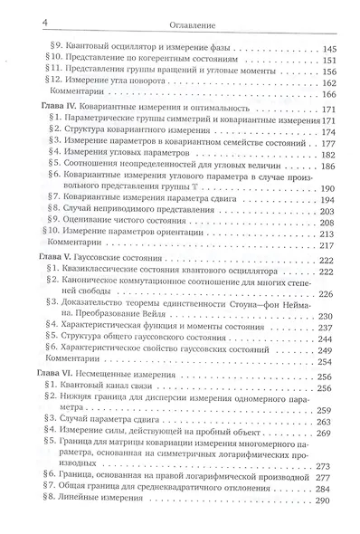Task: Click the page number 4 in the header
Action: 14,12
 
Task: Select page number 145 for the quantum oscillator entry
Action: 329,47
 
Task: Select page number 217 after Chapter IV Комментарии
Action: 329,246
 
